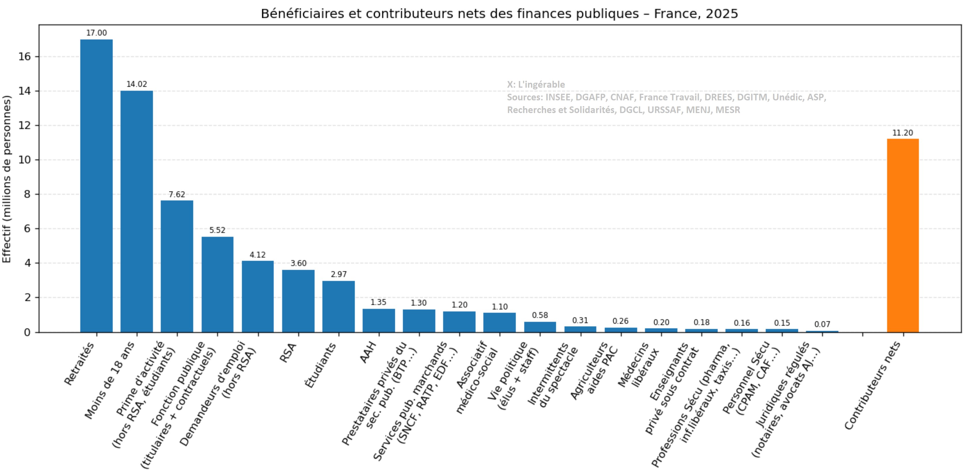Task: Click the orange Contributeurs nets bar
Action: pyautogui.click(x=903, y=235)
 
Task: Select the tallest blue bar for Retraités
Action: pyautogui.click(x=96, y=186)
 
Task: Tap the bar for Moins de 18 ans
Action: pyautogui.click(x=137, y=211)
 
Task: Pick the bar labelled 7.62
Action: pyautogui.click(x=177, y=266)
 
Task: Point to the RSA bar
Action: pyautogui.click(x=298, y=301)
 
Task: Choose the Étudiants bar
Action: pyautogui.click(x=339, y=306)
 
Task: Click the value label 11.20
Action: pyautogui.click(x=902, y=133)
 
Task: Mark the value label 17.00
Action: pyautogui.click(x=96, y=33)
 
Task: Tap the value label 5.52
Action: pyautogui.click(x=217, y=230)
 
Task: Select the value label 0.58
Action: pyautogui.click(x=540, y=315)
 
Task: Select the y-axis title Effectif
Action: pyautogui.click(x=7, y=179)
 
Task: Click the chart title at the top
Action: pyautogui.click(x=499, y=14)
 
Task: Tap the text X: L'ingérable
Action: pyautogui.click(x=536, y=85)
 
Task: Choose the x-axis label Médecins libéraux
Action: pyautogui.click(x=638, y=365)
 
